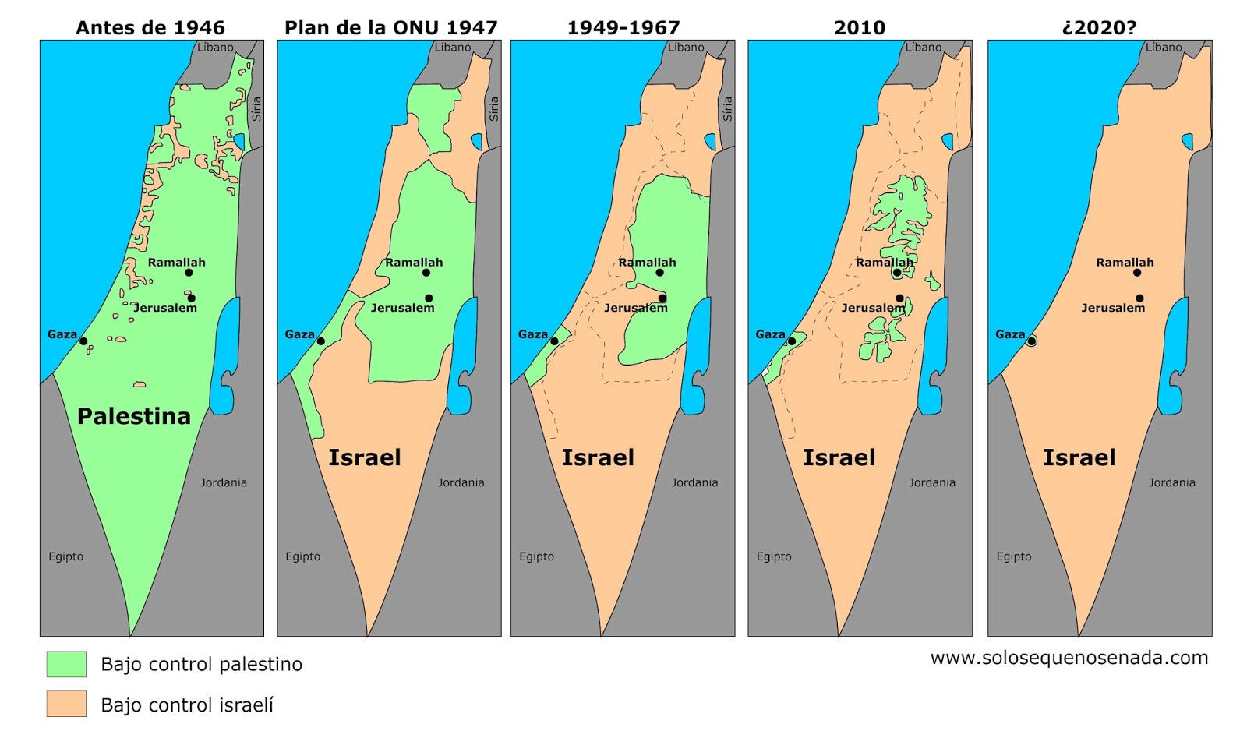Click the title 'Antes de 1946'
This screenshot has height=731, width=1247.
coord(150,28)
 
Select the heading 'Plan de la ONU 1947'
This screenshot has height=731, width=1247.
coord(390,28)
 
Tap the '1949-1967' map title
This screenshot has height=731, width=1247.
coord(623,28)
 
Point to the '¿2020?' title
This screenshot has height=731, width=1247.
coord(1099,28)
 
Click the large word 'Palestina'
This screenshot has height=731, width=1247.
coord(134,416)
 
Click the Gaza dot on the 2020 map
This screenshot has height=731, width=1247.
coord(1031,341)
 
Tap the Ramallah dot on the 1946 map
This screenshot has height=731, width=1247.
coord(189,273)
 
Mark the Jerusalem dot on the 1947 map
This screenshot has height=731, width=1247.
coord(429,298)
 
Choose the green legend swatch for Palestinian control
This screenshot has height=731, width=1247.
coord(66,664)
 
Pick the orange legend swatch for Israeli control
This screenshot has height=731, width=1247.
coord(66,704)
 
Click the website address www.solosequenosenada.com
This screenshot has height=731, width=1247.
coord(1069,658)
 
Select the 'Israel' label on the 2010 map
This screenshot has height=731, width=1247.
coord(839,457)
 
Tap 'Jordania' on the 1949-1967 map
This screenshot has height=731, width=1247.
coord(694,482)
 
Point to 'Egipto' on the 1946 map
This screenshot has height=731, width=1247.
coord(66,556)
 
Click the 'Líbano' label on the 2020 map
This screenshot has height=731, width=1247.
coord(1164,48)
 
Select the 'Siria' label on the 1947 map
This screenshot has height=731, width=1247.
coord(493,108)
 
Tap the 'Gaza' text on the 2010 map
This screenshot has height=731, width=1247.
coord(770,334)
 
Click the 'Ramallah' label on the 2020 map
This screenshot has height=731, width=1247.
coord(1125,263)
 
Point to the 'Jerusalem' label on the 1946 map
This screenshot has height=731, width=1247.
coord(165,308)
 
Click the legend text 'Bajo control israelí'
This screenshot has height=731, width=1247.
coord(187,705)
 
